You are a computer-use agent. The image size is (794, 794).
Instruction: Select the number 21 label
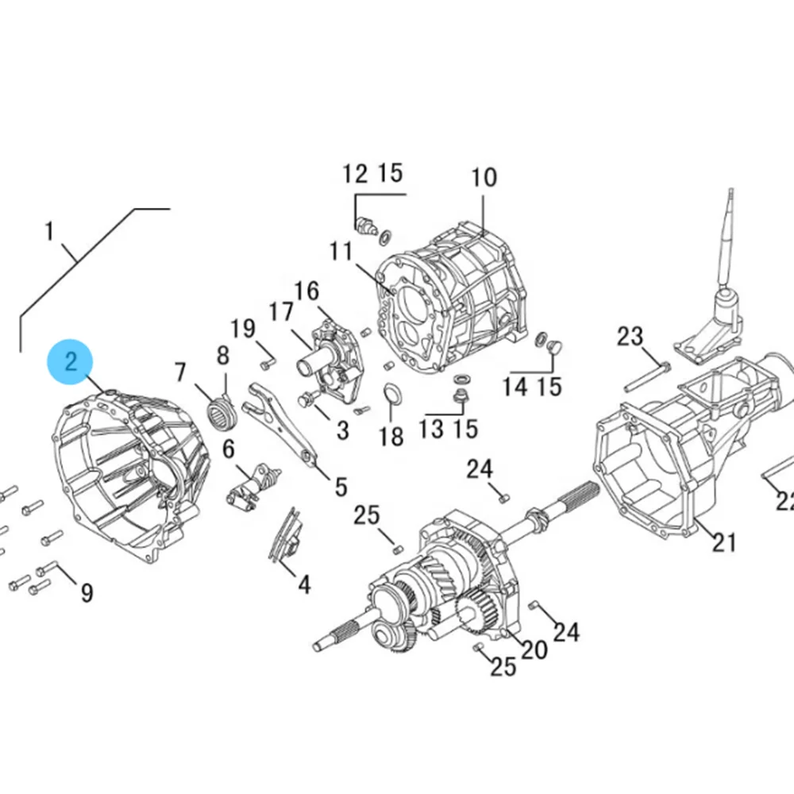pos(723,543)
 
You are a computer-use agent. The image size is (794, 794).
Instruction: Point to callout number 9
pos(86,592)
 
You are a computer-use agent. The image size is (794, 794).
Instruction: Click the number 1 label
pos(49,232)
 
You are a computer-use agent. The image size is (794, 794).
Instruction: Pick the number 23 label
pos(630,337)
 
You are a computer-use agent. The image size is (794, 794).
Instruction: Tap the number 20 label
pos(534,649)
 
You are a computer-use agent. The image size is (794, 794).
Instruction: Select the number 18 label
pos(391,436)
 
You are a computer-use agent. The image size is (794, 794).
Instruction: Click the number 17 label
pos(280,312)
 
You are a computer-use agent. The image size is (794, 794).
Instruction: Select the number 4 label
pos(304,585)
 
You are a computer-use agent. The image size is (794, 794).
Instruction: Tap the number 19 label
pos(243,328)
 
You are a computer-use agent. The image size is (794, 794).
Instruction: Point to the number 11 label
pos(341,252)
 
